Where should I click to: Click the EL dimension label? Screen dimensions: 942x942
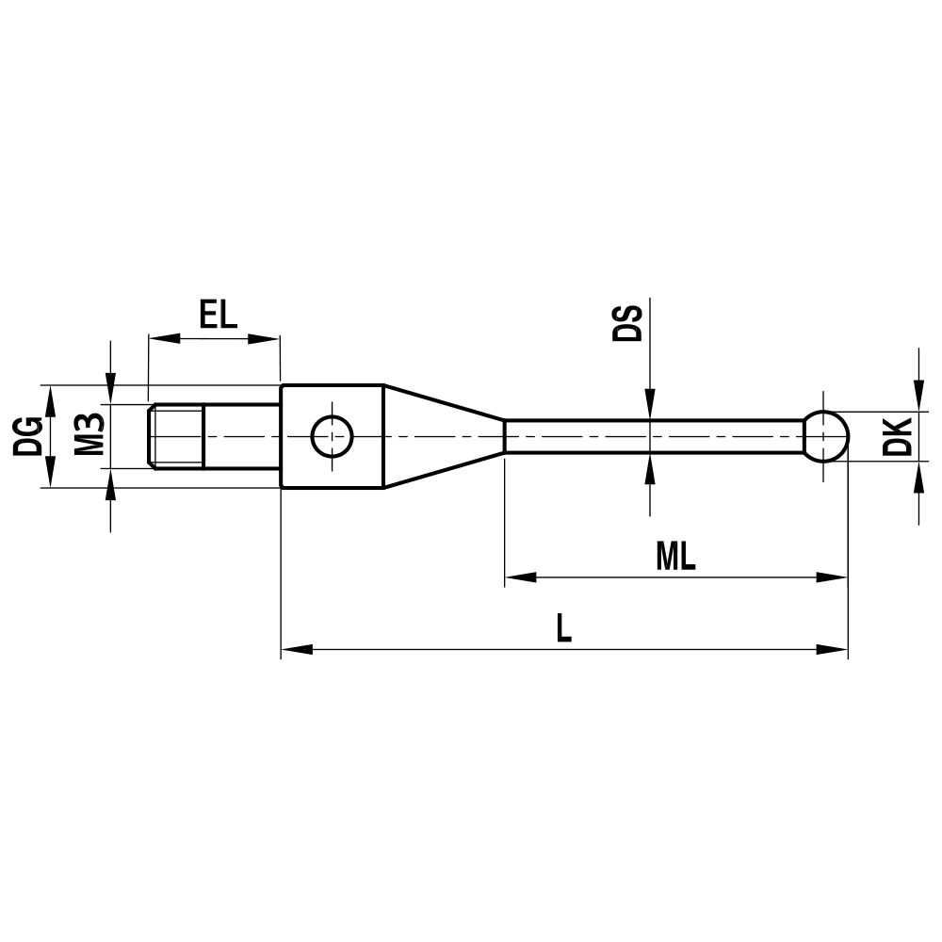[219, 313]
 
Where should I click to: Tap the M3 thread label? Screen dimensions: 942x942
[89, 435]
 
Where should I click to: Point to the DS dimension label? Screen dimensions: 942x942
[627, 323]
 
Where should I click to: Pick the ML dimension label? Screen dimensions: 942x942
[675, 557]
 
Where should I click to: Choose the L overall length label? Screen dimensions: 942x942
[563, 627]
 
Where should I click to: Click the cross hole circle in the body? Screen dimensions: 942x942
[332, 436]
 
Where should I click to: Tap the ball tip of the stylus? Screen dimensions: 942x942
[826, 436]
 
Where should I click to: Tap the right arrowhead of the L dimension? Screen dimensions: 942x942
[834, 649]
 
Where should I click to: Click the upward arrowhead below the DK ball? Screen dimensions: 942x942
[918, 478]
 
